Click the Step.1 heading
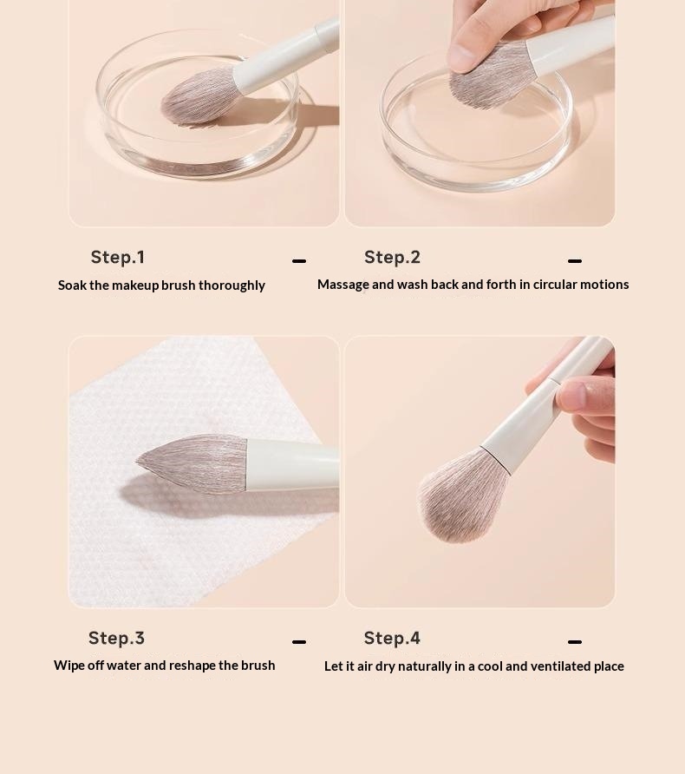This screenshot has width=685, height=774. click(117, 257)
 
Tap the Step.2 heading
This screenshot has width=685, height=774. click(392, 257)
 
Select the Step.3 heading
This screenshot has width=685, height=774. click(116, 638)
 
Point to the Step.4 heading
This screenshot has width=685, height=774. click(392, 638)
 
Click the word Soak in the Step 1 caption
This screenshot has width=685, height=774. click(73, 285)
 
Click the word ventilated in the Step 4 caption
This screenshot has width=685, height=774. click(560, 666)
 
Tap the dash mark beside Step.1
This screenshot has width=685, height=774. click(299, 260)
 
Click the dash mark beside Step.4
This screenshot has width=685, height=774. click(575, 642)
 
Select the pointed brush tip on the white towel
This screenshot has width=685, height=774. click(141, 462)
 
